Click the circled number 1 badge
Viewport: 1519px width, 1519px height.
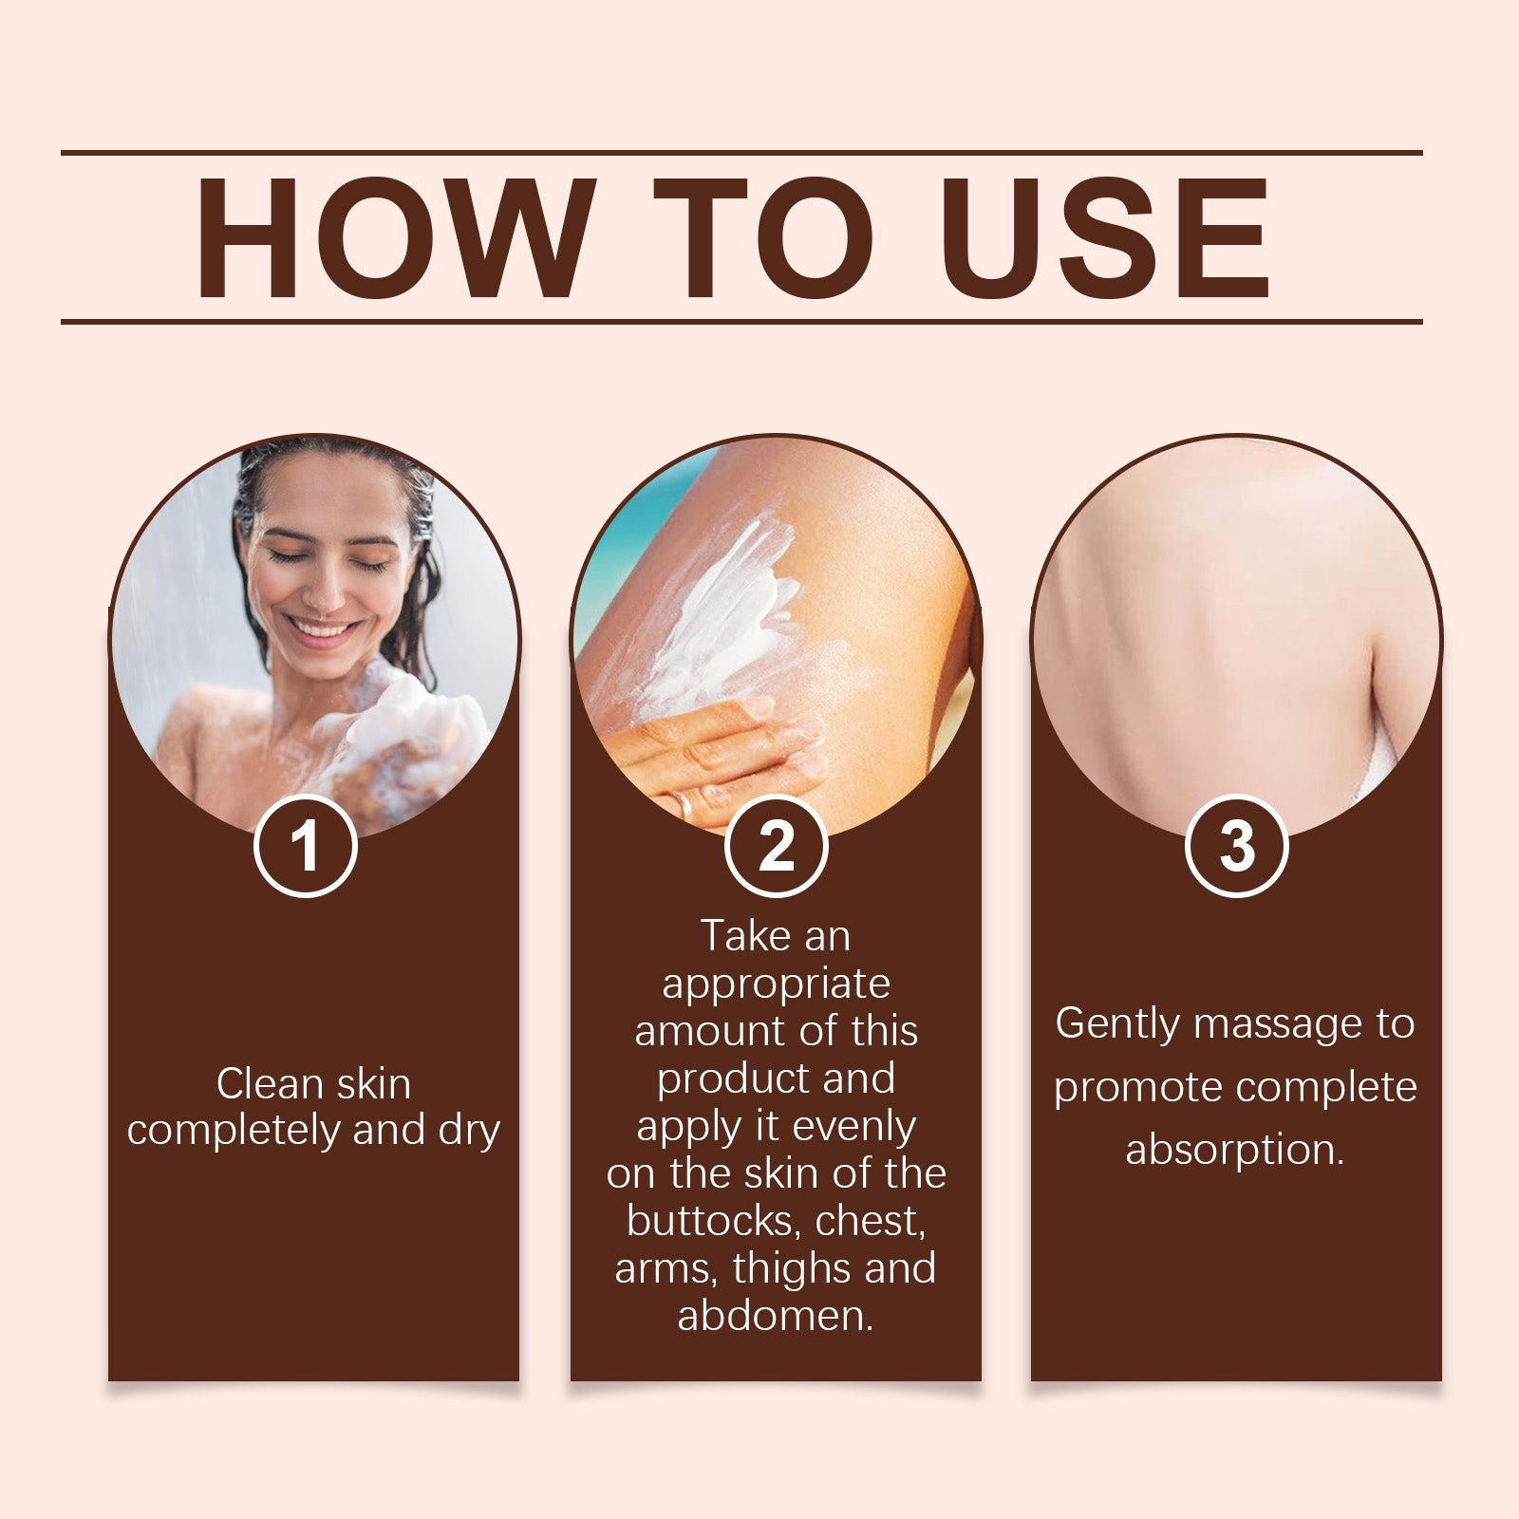pos(305,846)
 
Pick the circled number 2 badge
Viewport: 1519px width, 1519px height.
pos(776,846)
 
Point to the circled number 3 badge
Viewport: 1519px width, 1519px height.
pos(1236,846)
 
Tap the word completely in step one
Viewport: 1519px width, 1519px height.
pos(234,1131)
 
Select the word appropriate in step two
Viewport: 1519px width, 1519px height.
pos(776,985)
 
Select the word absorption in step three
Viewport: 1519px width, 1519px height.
pos(1233,1151)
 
